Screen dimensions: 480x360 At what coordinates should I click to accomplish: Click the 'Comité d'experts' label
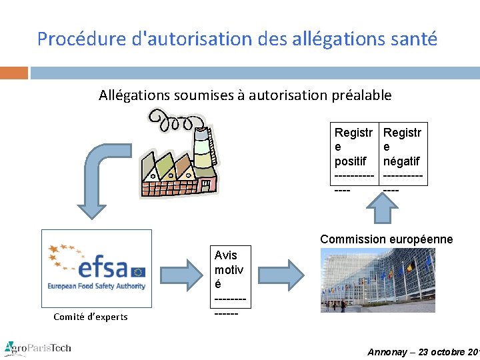[x=90, y=317]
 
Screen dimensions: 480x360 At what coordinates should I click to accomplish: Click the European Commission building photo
[x=377, y=280]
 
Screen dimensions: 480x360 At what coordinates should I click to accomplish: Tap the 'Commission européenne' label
[x=386, y=239]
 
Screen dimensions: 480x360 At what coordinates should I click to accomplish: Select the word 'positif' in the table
[x=350, y=161]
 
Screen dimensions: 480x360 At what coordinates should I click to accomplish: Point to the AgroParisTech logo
[x=37, y=347]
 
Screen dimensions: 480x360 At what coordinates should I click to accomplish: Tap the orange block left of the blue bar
[x=13, y=73]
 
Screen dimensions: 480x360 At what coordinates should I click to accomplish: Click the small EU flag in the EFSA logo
[x=138, y=271]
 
